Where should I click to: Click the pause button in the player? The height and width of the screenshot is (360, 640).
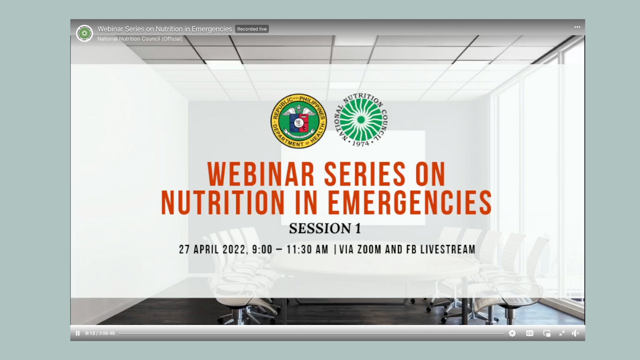point(78,333)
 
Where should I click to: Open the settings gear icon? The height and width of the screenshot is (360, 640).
point(512,333)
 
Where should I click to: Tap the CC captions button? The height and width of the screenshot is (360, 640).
point(530,333)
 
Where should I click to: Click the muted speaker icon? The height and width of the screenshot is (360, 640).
point(576,333)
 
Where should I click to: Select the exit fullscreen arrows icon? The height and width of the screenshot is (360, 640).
point(562,333)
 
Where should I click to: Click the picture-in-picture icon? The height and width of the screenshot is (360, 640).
point(547,333)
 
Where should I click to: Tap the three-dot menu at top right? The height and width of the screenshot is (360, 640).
point(577,27)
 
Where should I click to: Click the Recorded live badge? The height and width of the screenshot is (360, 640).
point(252,29)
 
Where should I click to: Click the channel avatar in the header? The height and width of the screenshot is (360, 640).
point(85,33)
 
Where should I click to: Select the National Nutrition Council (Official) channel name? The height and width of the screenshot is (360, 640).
point(140,39)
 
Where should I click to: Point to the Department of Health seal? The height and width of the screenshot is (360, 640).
point(299,121)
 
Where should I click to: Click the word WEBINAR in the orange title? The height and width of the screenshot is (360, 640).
point(261,174)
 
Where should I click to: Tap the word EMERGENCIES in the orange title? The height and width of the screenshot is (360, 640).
point(410,202)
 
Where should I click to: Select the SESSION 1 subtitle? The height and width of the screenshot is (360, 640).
point(325,229)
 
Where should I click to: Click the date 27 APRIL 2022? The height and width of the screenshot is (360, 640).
point(213,249)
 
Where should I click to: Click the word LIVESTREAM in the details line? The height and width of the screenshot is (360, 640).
point(448,249)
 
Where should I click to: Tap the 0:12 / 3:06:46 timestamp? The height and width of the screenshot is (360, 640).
point(100,333)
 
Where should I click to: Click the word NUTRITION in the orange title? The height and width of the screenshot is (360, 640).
point(223,202)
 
